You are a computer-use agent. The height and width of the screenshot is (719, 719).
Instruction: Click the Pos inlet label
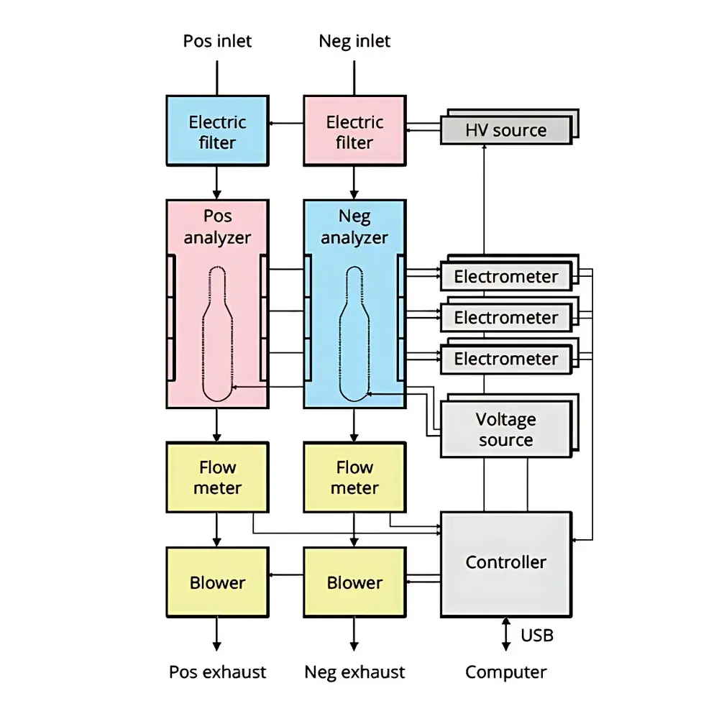(217, 41)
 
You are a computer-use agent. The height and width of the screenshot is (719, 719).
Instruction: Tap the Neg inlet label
(354, 41)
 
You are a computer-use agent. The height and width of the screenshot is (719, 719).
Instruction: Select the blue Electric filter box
(217, 132)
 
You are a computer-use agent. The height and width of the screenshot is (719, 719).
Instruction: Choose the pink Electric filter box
(354, 132)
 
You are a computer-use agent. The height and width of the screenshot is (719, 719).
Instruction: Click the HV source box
(505, 131)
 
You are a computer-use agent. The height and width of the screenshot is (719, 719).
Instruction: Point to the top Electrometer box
(505, 277)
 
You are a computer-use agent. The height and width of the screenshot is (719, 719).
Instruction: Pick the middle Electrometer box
(505, 318)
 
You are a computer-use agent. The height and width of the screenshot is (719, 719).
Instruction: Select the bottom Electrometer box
(505, 359)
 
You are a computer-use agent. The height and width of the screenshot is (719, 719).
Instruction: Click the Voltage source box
(505, 429)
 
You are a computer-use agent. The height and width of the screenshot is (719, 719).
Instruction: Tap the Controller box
(505, 563)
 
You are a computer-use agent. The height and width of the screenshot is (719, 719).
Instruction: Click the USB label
(536, 636)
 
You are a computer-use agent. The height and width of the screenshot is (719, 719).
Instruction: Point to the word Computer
(505, 672)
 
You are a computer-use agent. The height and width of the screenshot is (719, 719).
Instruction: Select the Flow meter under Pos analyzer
(217, 477)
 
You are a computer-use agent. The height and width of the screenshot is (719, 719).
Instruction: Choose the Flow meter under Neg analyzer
(354, 477)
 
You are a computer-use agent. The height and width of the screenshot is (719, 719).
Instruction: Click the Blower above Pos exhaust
(217, 582)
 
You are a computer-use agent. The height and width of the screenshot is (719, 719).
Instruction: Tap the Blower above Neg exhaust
(354, 582)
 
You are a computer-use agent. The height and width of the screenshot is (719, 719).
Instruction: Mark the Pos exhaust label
(217, 672)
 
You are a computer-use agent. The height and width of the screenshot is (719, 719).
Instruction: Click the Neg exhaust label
(354, 672)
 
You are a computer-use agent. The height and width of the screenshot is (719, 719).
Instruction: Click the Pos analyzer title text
(217, 226)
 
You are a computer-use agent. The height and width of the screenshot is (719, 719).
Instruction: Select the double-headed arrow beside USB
(505, 634)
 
